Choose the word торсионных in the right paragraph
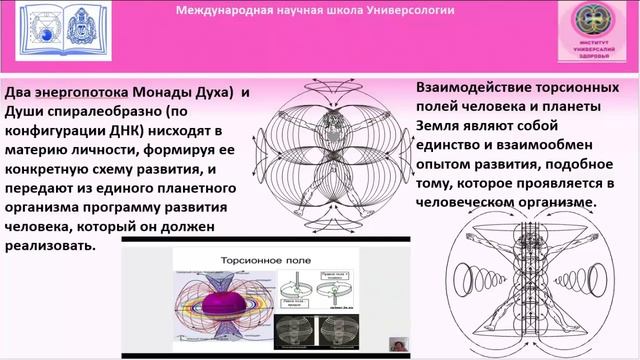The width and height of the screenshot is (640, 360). click(x=579, y=89)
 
